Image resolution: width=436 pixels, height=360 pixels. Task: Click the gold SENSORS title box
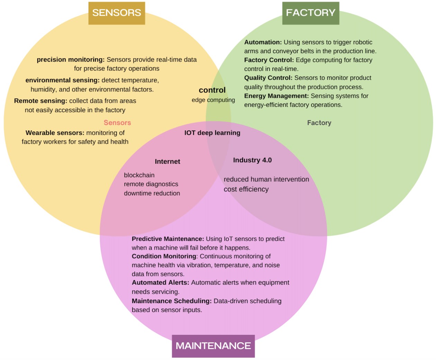[117, 13]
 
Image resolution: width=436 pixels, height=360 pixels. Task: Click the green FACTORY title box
[310, 13]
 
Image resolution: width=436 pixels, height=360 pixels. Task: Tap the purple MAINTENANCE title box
[213, 346]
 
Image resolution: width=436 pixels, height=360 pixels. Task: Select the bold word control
[212, 90]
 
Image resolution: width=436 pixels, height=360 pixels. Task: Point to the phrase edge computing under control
[213, 100]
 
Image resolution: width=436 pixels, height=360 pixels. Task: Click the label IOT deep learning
[212, 133]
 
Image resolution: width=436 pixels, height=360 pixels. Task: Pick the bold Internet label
[167, 162]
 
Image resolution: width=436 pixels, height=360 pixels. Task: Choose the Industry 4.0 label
[252, 160]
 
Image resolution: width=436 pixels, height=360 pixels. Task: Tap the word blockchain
[139, 175]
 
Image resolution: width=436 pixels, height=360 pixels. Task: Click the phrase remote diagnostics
[151, 184]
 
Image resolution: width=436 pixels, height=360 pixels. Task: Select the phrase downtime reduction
[152, 193]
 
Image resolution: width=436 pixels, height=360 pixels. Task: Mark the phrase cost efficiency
[246, 189]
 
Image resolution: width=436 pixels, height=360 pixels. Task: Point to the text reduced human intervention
[266, 179]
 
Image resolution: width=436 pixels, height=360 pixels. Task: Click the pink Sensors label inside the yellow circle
[117, 123]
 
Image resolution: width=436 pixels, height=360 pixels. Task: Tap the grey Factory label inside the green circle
[319, 123]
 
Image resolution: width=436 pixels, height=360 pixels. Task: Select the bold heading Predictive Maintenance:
[168, 239]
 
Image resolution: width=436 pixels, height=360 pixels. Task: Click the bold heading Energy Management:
[276, 96]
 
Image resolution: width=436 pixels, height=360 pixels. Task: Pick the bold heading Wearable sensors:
[55, 133]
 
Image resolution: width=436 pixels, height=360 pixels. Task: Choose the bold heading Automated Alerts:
[160, 282]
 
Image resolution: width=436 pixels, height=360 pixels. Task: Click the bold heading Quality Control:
[268, 78]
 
